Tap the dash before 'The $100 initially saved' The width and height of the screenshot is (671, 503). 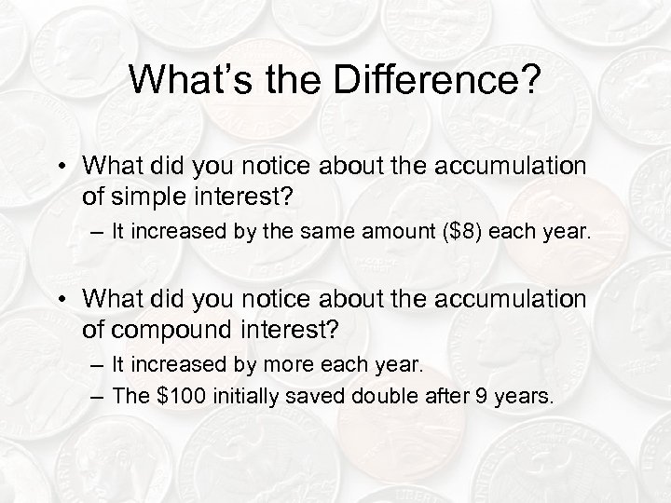click(100, 395)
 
